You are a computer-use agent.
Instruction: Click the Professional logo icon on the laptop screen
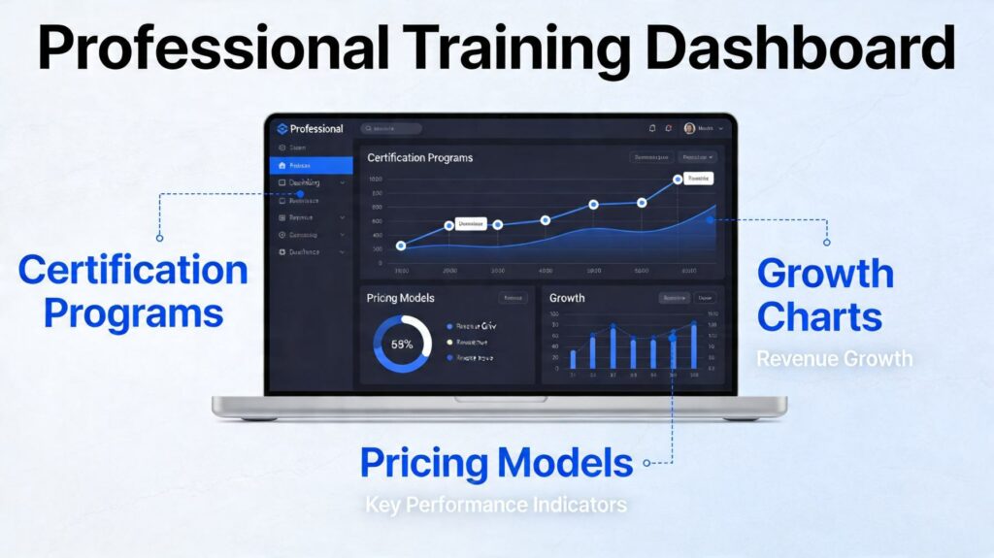click(282, 128)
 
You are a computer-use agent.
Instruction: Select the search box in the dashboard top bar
click(391, 128)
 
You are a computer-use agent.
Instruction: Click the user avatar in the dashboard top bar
click(689, 128)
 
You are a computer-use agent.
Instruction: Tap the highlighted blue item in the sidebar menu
click(311, 166)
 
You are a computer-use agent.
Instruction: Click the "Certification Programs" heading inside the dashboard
click(419, 157)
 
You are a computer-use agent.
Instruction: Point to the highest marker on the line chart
click(678, 181)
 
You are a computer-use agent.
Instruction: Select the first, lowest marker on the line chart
click(401, 246)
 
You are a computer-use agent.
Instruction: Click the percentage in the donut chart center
click(402, 345)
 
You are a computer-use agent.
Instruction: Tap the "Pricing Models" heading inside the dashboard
click(400, 298)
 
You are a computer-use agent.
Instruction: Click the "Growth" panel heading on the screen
click(567, 298)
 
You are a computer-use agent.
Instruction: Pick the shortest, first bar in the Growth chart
click(573, 359)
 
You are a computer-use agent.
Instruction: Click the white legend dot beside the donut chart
click(449, 343)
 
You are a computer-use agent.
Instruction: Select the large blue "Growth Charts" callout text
click(825, 295)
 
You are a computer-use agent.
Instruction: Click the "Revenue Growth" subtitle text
click(835, 359)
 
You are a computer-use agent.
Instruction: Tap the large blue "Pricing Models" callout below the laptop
click(496, 463)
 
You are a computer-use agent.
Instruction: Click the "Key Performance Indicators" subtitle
click(496, 505)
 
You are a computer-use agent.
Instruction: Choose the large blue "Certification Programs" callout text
click(133, 291)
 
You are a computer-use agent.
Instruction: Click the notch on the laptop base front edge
click(499, 399)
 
